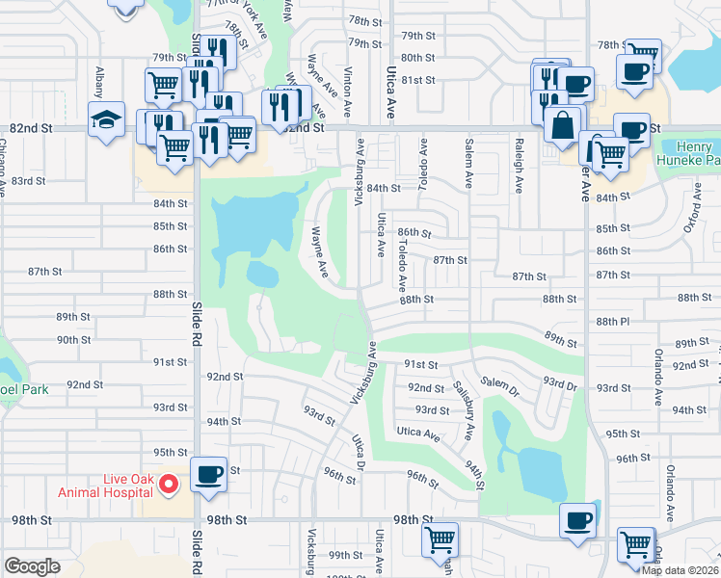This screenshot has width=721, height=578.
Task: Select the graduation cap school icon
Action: [104, 119]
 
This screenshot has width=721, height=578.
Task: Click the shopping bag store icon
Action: [562, 124]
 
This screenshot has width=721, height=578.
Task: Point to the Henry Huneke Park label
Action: [686, 152]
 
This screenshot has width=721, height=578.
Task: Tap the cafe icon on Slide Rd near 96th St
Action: [209, 475]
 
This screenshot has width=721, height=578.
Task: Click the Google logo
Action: [32, 566]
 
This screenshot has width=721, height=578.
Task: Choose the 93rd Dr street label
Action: [558, 383]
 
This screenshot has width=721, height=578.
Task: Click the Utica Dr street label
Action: [359, 453]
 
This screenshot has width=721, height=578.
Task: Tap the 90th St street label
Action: [73, 339]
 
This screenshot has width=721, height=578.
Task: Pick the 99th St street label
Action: [343, 555]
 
